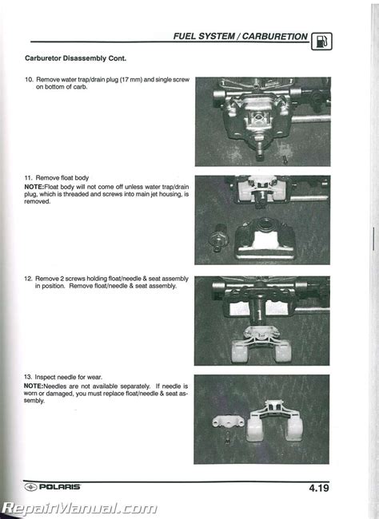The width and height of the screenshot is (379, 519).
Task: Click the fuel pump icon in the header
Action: pos(321,42)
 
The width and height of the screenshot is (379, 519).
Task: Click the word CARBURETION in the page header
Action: pos(274,37)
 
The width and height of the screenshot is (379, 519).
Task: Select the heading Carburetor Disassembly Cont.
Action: pos(76,58)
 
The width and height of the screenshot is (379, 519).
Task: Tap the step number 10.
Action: pos(29,79)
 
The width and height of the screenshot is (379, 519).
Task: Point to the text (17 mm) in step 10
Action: pos(130,79)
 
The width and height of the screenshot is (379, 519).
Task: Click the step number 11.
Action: pos(29,178)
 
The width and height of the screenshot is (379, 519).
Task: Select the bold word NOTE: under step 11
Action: pos(34,187)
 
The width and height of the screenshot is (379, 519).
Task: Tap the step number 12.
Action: pos(28,279)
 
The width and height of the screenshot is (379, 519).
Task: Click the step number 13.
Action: pos(28,377)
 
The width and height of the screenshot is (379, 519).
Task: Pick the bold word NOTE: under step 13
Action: pos(34,386)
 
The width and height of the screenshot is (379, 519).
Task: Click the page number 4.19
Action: pos(319,488)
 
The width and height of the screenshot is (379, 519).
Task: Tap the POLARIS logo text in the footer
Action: pos(60,487)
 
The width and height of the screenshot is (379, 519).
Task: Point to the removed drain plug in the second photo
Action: pos(217,238)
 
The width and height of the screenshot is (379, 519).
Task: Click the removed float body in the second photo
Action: pos(265,237)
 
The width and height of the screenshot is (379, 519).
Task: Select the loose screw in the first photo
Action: pos(285,160)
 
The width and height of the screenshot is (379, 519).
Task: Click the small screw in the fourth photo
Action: pos(227,438)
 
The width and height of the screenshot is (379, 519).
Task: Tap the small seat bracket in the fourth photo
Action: pos(228,422)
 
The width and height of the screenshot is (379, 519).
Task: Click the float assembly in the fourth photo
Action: pos(275,420)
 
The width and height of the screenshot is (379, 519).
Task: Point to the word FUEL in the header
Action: pos(186,37)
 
